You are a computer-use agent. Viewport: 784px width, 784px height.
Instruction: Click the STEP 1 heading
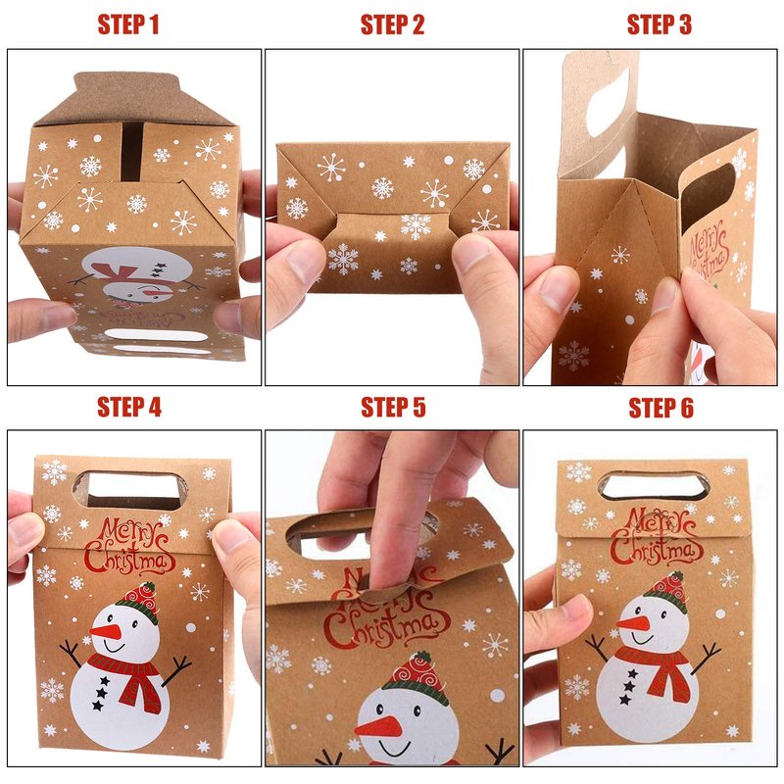pyautogui.click(x=128, y=24)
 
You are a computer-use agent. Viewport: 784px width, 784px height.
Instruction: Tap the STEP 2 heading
pyautogui.click(x=393, y=24)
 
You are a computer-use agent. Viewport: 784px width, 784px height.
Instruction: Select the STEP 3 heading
pyautogui.click(x=659, y=24)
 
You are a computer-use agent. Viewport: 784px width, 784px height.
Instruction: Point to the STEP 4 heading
pyautogui.click(x=129, y=407)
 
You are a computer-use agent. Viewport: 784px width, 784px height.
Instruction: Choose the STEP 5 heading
pyautogui.click(x=393, y=407)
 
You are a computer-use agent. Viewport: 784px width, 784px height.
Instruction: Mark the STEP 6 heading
pyautogui.click(x=661, y=408)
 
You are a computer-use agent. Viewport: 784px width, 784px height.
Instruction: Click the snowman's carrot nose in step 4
pyautogui.click(x=106, y=631)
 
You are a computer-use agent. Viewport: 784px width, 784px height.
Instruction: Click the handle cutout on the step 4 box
pyautogui.click(x=130, y=489)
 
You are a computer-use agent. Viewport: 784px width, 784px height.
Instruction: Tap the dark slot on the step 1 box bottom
pyautogui.click(x=132, y=150)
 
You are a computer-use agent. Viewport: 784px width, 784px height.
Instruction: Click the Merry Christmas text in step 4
pyautogui.click(x=129, y=546)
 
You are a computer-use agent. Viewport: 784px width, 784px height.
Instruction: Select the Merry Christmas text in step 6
pyautogui.click(x=656, y=536)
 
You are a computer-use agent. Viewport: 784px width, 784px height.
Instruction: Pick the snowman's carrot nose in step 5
pyautogui.click(x=379, y=727)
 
